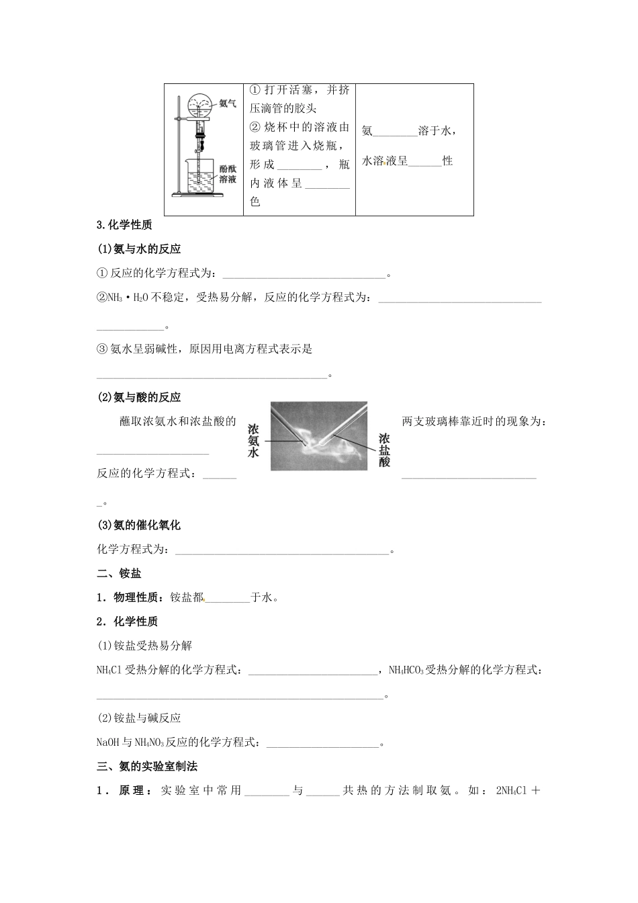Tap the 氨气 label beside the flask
pyautogui.click(x=228, y=103)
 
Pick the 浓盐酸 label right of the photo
pyautogui.click(x=384, y=449)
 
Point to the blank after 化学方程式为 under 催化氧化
pyautogui.click(x=282, y=550)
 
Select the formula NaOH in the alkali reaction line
pyautogui.click(x=108, y=742)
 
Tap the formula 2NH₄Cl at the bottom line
pyautogui.click(x=510, y=790)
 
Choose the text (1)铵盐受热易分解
pyautogui.click(x=145, y=646)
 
